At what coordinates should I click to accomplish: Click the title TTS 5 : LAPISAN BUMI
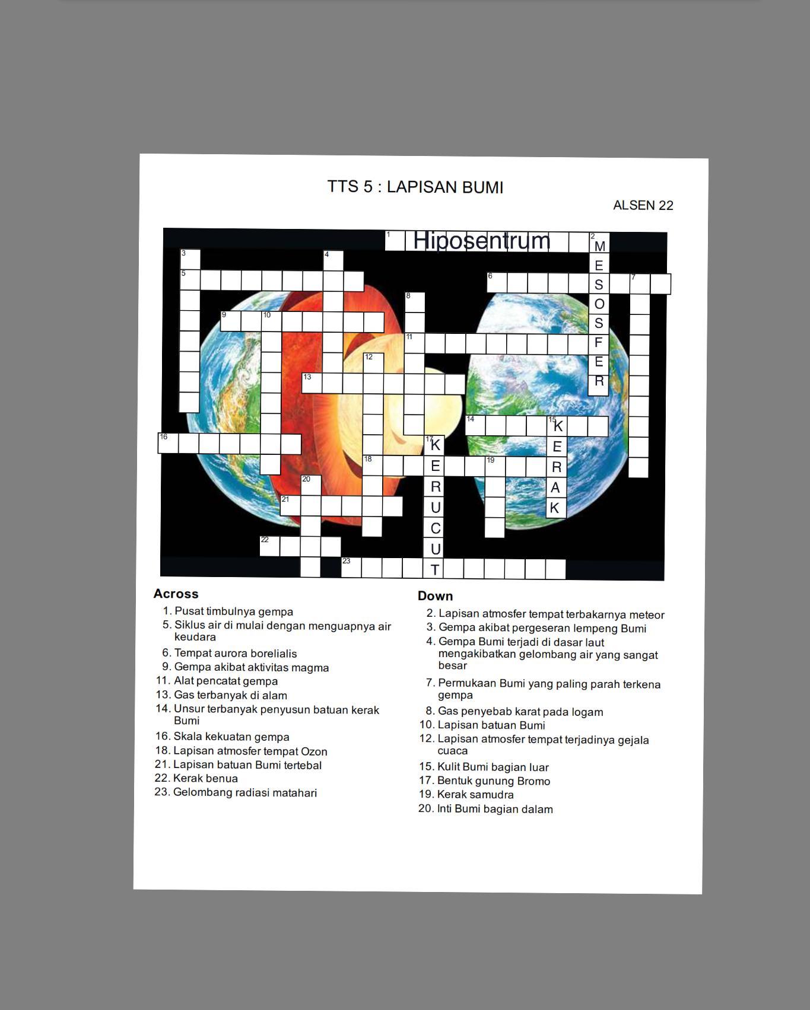click(x=415, y=187)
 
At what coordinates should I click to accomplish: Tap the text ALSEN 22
click(x=643, y=205)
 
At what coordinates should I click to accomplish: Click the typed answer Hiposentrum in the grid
click(x=481, y=241)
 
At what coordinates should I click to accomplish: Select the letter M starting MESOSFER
click(x=599, y=246)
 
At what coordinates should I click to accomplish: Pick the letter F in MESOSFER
click(x=599, y=342)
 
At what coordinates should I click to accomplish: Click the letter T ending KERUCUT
click(x=435, y=570)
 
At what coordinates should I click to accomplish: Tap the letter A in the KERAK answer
click(x=555, y=488)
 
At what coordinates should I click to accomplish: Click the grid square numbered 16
click(x=168, y=443)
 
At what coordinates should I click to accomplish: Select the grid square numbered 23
click(x=351, y=568)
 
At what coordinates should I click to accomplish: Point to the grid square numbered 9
click(x=231, y=321)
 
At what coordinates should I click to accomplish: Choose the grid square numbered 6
click(x=497, y=283)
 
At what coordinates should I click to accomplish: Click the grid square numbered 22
click(x=270, y=546)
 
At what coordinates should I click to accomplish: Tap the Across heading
click(x=176, y=594)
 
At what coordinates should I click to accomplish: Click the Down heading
click(x=435, y=596)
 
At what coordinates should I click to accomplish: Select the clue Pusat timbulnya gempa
click(x=233, y=611)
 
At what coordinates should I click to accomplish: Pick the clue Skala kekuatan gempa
click(x=231, y=737)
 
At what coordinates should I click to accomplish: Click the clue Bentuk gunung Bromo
click(x=493, y=781)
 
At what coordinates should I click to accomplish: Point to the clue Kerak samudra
click(x=475, y=795)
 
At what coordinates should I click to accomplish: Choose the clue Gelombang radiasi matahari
click(x=244, y=793)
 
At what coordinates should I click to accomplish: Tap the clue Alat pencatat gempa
click(x=225, y=681)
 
